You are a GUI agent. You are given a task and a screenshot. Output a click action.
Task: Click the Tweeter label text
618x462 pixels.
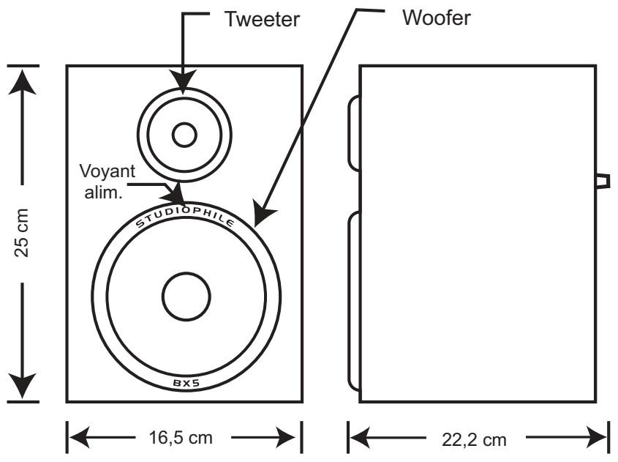tap(262, 19)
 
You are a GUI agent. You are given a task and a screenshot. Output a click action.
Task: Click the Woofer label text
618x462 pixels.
tap(437, 18)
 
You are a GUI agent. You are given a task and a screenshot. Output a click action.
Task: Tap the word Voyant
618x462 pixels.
tap(108, 171)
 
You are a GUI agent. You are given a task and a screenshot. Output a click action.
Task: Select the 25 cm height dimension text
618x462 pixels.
tap(22, 233)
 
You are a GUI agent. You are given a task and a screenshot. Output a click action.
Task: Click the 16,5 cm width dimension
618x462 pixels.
tap(181, 438)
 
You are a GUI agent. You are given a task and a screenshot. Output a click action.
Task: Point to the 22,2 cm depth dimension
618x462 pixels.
tap(474, 439)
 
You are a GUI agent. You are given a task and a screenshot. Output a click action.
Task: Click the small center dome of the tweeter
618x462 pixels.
tap(184, 135)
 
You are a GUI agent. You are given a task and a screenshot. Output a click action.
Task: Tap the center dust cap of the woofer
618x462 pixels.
tap(186, 297)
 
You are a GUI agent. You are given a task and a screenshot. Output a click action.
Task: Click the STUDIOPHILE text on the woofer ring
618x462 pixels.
tap(185, 217)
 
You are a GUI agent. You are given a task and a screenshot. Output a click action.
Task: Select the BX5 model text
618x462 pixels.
tap(186, 383)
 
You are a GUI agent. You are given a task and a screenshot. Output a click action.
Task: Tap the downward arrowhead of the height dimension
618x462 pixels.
tap(23, 385)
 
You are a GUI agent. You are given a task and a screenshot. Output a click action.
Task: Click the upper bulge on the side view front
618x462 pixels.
tap(354, 133)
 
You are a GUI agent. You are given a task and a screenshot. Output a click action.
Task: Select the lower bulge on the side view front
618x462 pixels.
tap(354, 301)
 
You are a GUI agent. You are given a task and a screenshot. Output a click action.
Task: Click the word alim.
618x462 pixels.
tap(103, 193)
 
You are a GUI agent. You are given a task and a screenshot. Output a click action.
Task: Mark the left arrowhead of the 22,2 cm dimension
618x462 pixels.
tap(359, 437)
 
